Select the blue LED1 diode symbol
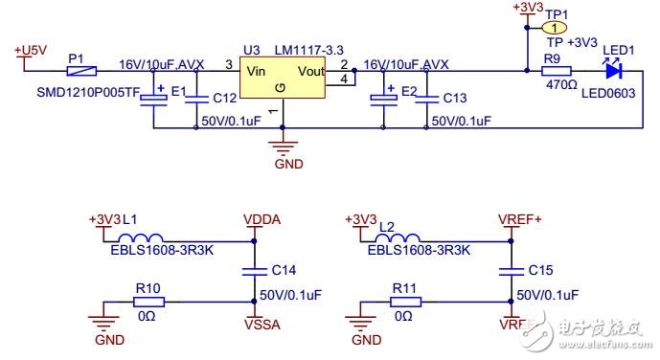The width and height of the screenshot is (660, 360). click(614, 70)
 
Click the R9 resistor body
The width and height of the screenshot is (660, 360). click(557, 70)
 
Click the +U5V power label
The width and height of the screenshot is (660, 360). click(32, 49)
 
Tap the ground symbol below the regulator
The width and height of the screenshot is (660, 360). click(279, 146)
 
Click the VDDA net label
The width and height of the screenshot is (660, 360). click(262, 218)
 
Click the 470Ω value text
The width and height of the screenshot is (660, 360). click(556, 84)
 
